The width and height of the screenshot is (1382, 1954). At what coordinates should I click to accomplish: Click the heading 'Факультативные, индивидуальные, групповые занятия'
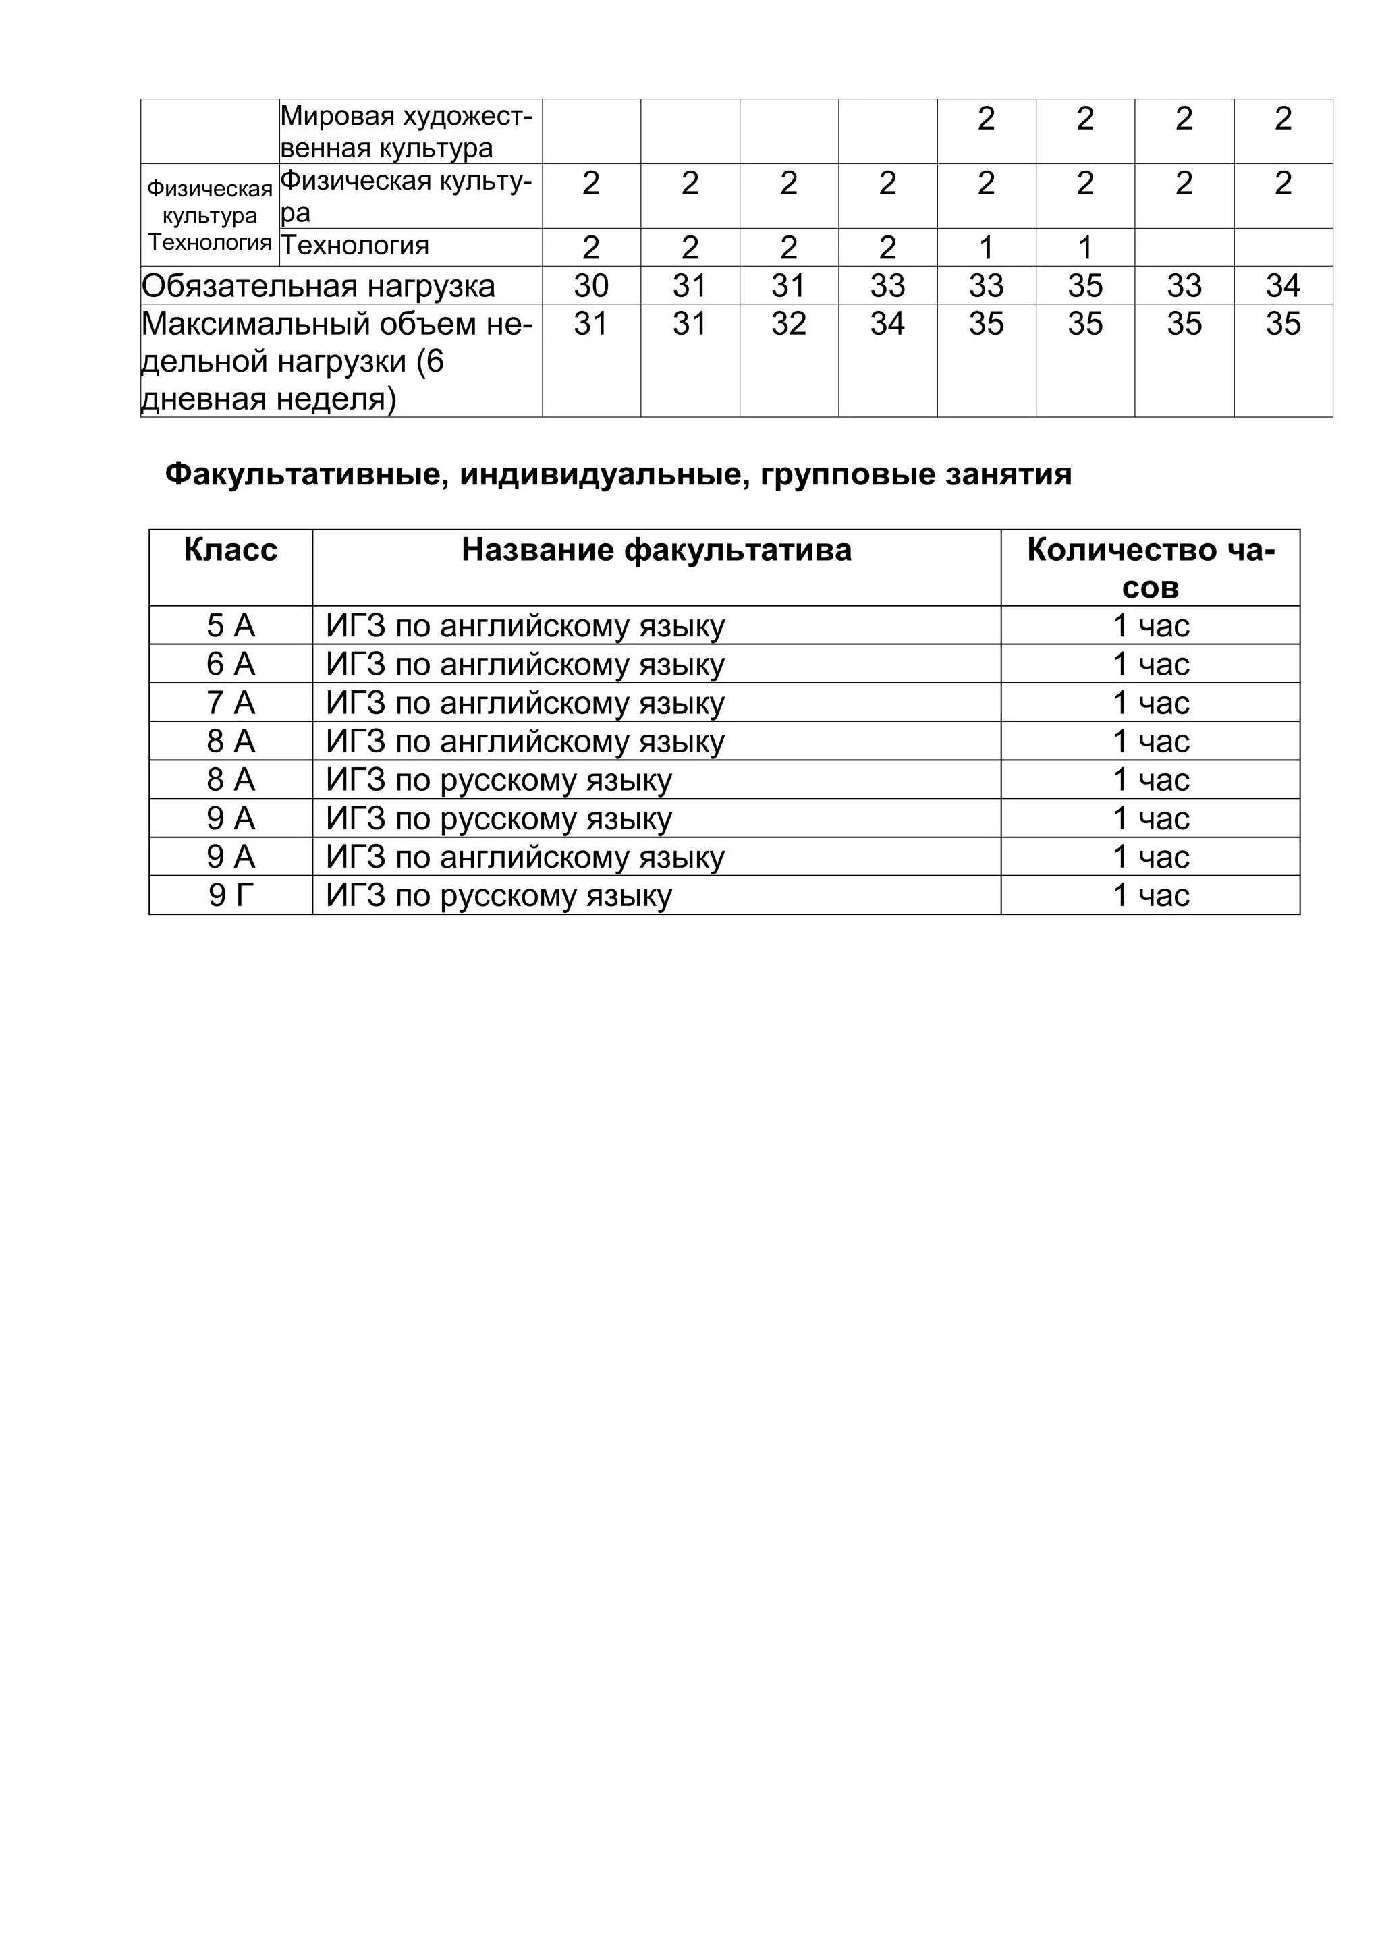(618, 474)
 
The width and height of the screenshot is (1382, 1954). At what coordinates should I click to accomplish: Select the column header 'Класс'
(231, 551)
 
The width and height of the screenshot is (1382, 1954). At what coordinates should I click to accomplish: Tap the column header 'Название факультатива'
(656, 551)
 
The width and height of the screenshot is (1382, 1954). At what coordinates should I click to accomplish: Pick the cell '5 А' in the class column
(231, 625)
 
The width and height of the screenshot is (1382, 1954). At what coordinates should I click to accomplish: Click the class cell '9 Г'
(231, 895)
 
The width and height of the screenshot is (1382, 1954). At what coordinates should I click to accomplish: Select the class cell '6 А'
(231, 664)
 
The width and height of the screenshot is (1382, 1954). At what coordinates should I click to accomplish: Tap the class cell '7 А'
(231, 703)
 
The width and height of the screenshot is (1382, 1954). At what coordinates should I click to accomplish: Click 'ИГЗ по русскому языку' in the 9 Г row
(499, 895)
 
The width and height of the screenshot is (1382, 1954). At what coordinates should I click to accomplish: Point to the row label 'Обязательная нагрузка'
(319, 286)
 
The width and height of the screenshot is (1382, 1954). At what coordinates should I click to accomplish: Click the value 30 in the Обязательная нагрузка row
(590, 286)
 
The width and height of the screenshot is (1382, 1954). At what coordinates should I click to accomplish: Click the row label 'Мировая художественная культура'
(406, 132)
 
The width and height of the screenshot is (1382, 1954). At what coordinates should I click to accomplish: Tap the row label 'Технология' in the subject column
(355, 246)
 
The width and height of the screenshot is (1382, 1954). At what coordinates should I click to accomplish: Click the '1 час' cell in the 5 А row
(1150, 625)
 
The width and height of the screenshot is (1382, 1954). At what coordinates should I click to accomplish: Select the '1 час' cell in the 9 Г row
(1150, 895)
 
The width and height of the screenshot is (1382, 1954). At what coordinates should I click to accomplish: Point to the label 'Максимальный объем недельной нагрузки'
(337, 361)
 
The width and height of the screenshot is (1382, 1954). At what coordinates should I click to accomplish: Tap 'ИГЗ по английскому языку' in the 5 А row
(525, 625)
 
